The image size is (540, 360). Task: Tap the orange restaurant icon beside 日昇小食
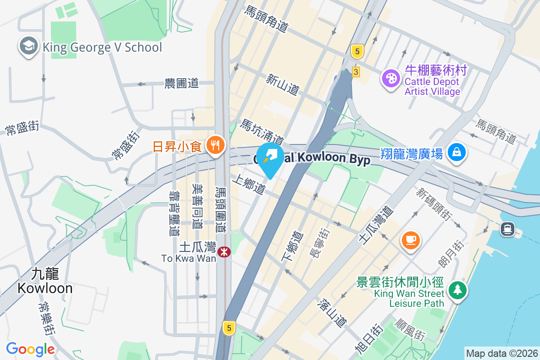pyautogui.click(x=216, y=145)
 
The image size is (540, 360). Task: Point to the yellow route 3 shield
pyautogui.click(x=356, y=72)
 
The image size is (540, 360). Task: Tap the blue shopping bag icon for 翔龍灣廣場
pyautogui.click(x=457, y=153)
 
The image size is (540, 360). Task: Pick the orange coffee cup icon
pyautogui.click(x=411, y=239)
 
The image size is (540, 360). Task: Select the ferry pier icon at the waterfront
pyautogui.click(x=508, y=229)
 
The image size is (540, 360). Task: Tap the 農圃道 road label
pyautogui.click(x=181, y=83)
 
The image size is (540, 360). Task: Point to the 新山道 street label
pyautogui.click(x=283, y=85)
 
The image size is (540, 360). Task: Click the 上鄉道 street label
pyautogui.click(x=248, y=184)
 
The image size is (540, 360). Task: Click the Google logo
pyautogui.click(x=30, y=349)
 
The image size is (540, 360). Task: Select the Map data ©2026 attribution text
pyautogui.click(x=501, y=354)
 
